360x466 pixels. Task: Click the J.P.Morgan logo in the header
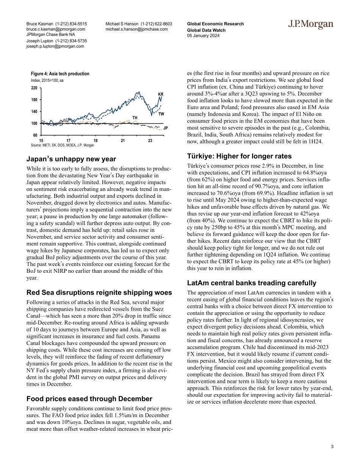pyautogui.click(x=310, y=25)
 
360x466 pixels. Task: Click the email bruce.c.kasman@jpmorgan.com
pyautogui.click(x=56, y=29)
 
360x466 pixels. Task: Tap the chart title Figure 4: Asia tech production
pyautogui.click(x=60, y=74)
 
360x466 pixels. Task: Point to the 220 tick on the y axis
pyautogui.click(x=34, y=88)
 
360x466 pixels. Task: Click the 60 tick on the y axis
pyautogui.click(x=35, y=135)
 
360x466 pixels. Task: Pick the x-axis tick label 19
pyautogui.click(x=95, y=141)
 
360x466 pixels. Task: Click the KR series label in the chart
pyautogui.click(x=160, y=94)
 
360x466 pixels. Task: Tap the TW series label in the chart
pyautogui.click(x=161, y=114)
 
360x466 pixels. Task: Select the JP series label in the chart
pyautogui.click(x=165, y=128)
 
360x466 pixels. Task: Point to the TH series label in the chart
pyautogui.click(x=135, y=118)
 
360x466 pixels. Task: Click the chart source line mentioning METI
pyautogui.click(x=62, y=145)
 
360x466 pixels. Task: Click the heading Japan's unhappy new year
pyautogui.click(x=71, y=159)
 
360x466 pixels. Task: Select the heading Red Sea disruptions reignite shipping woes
pyautogui.click(x=99, y=292)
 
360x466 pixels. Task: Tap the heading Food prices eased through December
pyautogui.click(x=89, y=399)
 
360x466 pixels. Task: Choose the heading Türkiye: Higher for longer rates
pyautogui.click(x=239, y=156)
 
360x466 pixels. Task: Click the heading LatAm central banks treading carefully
pyautogui.click(x=252, y=283)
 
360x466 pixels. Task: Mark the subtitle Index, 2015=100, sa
pyautogui.click(x=47, y=81)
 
